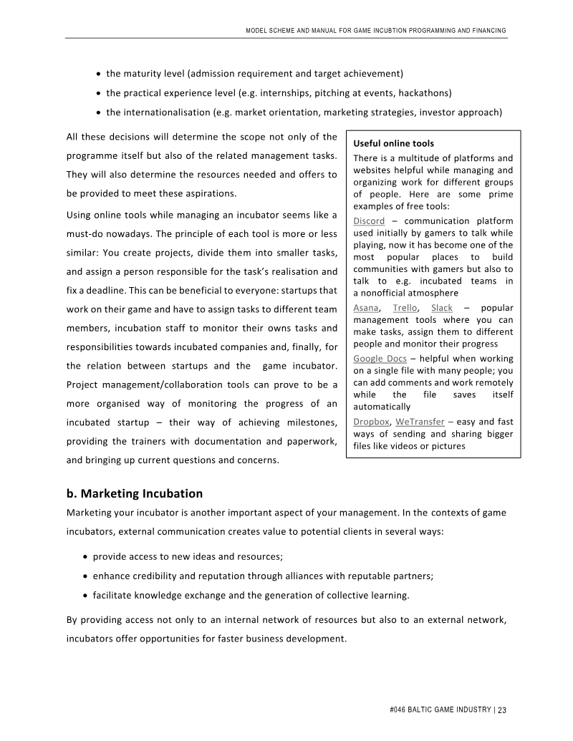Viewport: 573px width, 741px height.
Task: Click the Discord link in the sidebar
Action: coord(369,221)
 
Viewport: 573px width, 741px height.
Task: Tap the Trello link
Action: coord(405,308)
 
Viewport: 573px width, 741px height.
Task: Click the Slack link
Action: coord(442,308)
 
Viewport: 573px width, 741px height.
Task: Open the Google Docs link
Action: coord(380,358)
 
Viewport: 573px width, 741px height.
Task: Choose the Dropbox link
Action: coord(371,421)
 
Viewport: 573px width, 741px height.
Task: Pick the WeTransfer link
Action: coord(419,421)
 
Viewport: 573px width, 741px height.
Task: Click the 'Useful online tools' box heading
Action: coord(393,144)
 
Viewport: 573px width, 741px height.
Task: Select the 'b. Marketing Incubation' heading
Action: coord(134,494)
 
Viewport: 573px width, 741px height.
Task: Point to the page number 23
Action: coord(502,710)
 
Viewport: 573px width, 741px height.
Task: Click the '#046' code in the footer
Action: coord(399,710)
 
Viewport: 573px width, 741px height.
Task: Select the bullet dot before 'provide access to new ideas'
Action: coord(86,556)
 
